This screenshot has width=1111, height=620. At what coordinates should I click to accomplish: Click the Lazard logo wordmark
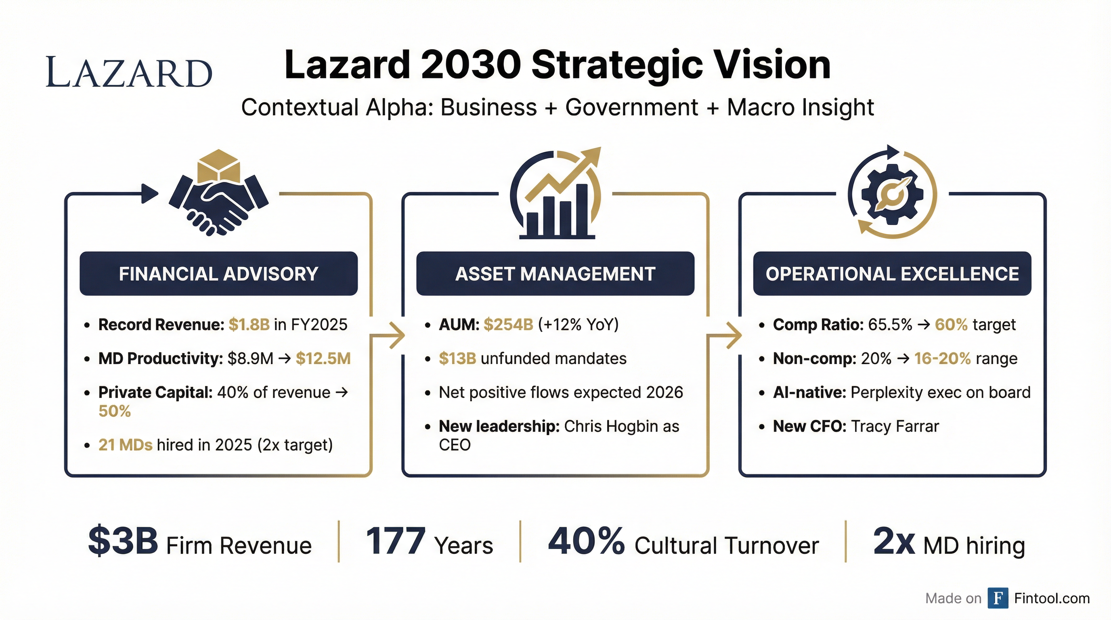tap(129, 71)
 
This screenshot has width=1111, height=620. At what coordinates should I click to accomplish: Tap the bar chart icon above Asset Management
tap(556, 198)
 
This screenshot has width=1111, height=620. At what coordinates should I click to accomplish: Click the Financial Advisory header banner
tap(219, 274)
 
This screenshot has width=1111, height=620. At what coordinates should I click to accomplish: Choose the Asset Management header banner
tap(555, 274)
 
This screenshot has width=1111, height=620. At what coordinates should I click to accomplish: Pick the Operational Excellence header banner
tap(892, 274)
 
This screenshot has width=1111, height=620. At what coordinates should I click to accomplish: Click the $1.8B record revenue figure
tap(249, 325)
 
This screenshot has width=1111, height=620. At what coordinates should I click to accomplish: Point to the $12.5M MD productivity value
tap(323, 359)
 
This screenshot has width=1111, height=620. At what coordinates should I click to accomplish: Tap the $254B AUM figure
tap(509, 325)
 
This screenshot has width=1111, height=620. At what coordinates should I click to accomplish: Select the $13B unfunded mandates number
tap(457, 359)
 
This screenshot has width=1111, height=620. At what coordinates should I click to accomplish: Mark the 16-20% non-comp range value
tap(942, 359)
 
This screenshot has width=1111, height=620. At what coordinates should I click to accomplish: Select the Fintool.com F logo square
tap(998, 598)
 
